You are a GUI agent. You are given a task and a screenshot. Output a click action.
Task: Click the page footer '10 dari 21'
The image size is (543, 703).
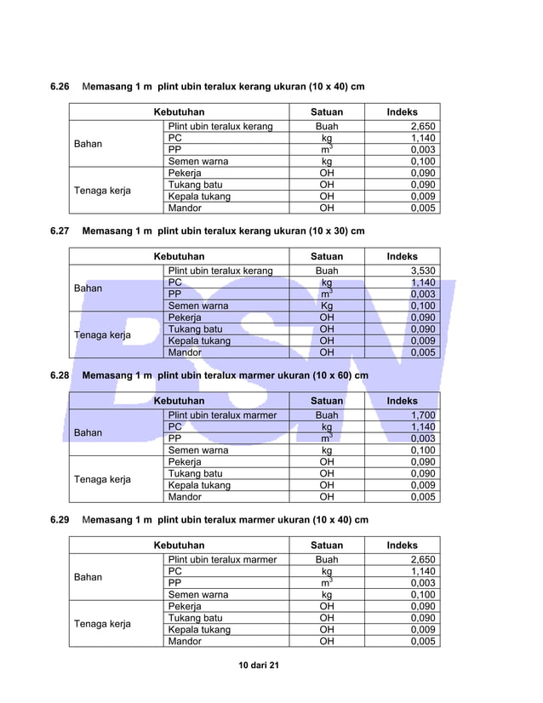pyautogui.click(x=259, y=664)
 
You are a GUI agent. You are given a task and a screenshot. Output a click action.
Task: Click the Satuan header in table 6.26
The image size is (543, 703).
pyautogui.click(x=326, y=111)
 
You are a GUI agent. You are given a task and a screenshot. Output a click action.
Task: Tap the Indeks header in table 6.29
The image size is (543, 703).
pyautogui.click(x=402, y=545)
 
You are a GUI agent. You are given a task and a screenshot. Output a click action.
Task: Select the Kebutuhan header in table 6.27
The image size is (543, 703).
pyautogui.click(x=179, y=256)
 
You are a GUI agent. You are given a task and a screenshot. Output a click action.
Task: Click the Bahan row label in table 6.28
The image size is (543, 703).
pyautogui.click(x=88, y=432)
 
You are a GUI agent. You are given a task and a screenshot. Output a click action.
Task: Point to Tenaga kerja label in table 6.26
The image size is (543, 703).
pyautogui.click(x=102, y=190)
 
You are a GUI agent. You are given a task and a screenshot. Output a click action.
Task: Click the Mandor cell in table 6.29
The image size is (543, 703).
pyautogui.click(x=185, y=641)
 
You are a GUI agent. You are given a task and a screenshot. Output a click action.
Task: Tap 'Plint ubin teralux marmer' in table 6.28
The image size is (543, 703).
pyautogui.click(x=222, y=415)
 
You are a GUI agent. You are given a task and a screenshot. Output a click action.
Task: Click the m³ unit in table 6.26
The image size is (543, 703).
pyautogui.click(x=326, y=150)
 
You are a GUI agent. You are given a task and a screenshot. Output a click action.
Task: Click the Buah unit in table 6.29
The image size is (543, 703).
pyautogui.click(x=326, y=559)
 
